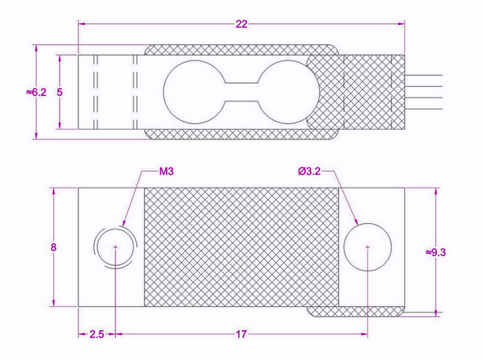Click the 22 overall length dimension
242,24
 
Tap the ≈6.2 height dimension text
36,92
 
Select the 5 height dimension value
60,92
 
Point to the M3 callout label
167,171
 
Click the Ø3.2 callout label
309,171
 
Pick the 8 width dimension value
54,247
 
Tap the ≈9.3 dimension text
436,252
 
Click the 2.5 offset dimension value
97,334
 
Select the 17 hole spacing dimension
242,334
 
